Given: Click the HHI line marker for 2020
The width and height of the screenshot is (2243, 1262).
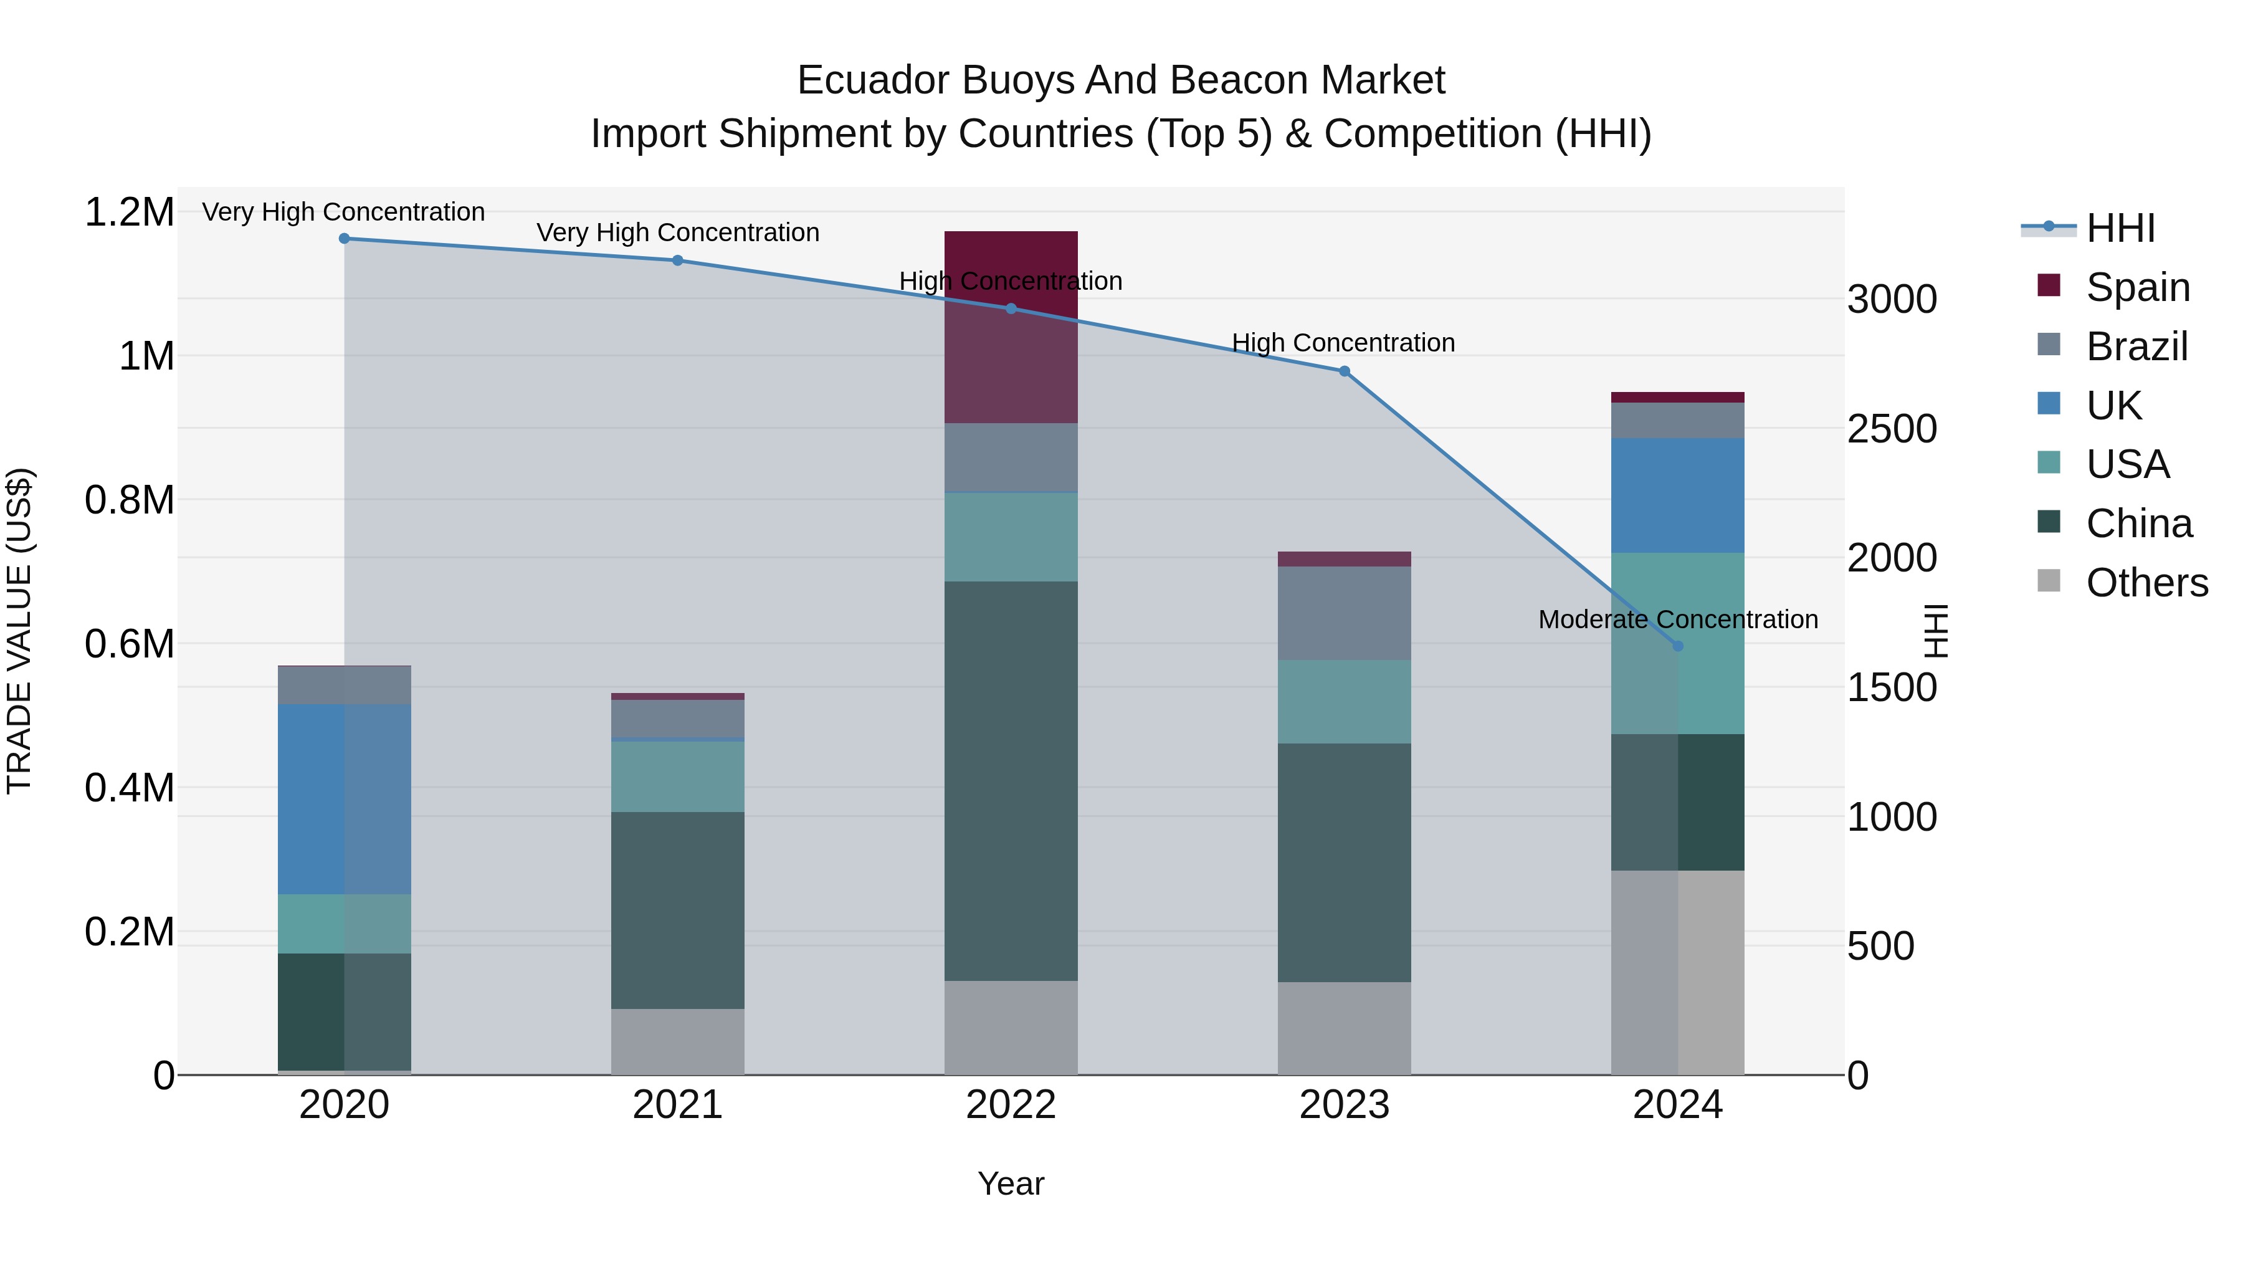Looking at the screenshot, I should click(x=344, y=239).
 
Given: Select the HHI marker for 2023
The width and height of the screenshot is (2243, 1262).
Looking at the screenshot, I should click(x=1343, y=371).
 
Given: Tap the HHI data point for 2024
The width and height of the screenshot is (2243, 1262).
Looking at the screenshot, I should click(x=1678, y=646).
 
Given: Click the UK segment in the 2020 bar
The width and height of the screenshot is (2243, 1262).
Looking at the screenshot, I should click(x=344, y=799).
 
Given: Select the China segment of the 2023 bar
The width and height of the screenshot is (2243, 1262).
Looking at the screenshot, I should click(x=1343, y=863).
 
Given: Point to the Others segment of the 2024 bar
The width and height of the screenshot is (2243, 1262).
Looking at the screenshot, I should click(x=1678, y=972).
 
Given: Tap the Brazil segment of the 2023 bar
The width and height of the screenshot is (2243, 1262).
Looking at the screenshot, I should click(x=1343, y=613).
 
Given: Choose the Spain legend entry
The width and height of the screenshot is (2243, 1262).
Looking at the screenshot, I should click(x=2137, y=287).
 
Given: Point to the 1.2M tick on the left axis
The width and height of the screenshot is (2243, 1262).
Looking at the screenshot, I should click(x=129, y=213).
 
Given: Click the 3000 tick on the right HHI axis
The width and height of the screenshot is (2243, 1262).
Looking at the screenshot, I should click(x=1892, y=300).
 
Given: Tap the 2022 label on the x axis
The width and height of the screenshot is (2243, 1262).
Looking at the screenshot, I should click(x=1011, y=1105).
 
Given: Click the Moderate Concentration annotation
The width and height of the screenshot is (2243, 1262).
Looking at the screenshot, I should click(x=1678, y=619).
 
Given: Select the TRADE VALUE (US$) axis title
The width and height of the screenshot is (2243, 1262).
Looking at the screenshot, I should click(x=20, y=631).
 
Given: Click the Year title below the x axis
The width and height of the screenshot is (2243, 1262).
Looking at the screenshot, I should click(x=1011, y=1183).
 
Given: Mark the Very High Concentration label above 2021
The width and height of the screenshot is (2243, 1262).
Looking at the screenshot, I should click(x=677, y=232).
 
